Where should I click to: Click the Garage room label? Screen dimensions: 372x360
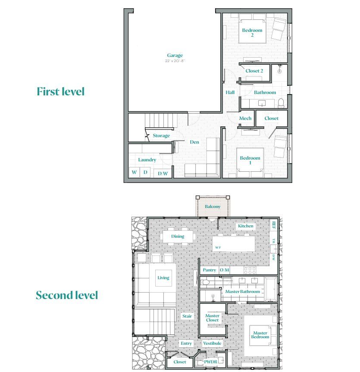coord(175,55)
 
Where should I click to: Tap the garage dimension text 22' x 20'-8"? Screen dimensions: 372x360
coord(175,61)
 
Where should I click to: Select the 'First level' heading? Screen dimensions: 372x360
coord(60,92)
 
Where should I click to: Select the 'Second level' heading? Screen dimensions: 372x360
coord(67,296)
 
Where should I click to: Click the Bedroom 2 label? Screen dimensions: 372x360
coord(252,33)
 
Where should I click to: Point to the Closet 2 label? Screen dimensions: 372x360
coord(254,71)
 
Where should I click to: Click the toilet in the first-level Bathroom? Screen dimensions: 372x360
coord(281,103)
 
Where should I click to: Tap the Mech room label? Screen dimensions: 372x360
coord(245,118)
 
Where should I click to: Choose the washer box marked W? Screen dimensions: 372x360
coord(134,173)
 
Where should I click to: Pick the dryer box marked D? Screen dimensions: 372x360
coord(146,173)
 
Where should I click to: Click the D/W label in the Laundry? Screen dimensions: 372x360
coord(163,173)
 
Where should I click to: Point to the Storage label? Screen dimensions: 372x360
coord(161,136)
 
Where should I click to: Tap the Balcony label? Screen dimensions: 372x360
coord(213,207)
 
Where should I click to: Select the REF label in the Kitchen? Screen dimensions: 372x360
coord(274,224)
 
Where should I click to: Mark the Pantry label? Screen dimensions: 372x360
coord(210,270)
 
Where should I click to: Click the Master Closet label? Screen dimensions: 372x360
coord(213,318)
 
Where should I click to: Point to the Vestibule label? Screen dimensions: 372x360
coord(213,344)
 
